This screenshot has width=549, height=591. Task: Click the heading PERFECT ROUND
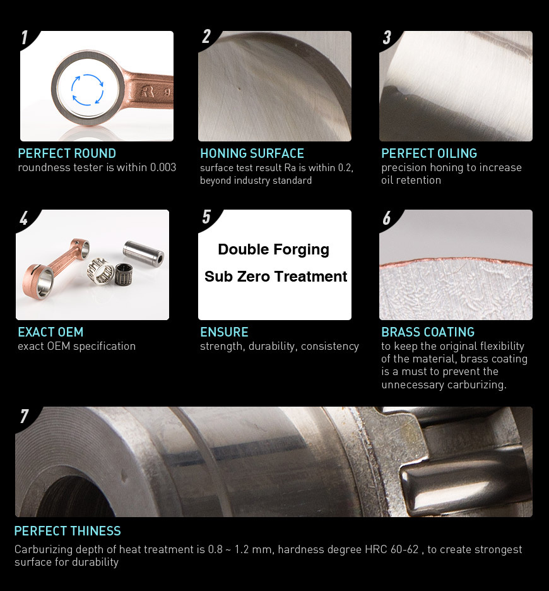(x=67, y=153)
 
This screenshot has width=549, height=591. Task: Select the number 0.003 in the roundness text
(x=163, y=167)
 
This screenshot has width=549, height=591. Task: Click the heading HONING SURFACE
(x=252, y=153)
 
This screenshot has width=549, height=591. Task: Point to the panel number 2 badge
(x=206, y=37)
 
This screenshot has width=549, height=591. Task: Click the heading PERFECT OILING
(x=429, y=153)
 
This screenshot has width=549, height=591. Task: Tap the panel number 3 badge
(x=387, y=38)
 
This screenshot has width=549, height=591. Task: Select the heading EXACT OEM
(x=50, y=332)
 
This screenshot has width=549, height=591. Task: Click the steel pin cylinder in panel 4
(x=144, y=253)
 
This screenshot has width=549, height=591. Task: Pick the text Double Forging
(x=274, y=249)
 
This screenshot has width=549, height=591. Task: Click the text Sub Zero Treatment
(x=275, y=277)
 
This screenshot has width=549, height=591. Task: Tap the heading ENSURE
(x=224, y=332)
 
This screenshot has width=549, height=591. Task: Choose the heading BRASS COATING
(x=428, y=332)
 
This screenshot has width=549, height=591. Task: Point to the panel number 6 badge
(x=387, y=218)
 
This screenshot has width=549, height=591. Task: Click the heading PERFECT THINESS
(x=68, y=531)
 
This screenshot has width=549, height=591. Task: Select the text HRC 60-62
(x=391, y=549)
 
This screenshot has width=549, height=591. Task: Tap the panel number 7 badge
(x=24, y=416)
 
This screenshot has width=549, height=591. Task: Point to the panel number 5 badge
(x=206, y=217)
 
